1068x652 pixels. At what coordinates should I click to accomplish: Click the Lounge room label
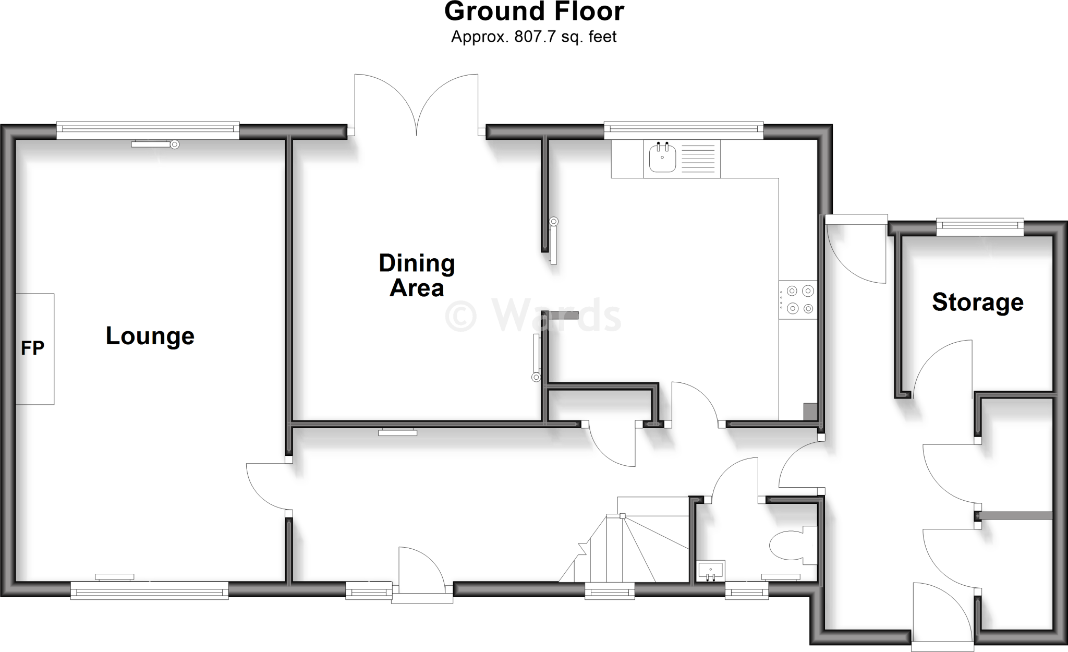coord(150,336)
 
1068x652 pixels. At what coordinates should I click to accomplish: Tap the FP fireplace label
coord(32,348)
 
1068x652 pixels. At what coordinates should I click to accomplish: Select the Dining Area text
coord(417,275)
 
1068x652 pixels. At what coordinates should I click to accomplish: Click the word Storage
coord(978,303)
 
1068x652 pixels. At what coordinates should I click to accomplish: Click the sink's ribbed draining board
coord(698,159)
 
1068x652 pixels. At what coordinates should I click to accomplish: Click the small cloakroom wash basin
coord(710,571)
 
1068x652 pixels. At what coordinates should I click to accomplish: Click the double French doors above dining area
coord(416,104)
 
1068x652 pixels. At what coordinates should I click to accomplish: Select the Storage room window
coord(980,225)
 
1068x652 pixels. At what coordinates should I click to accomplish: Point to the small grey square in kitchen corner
coord(810,411)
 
